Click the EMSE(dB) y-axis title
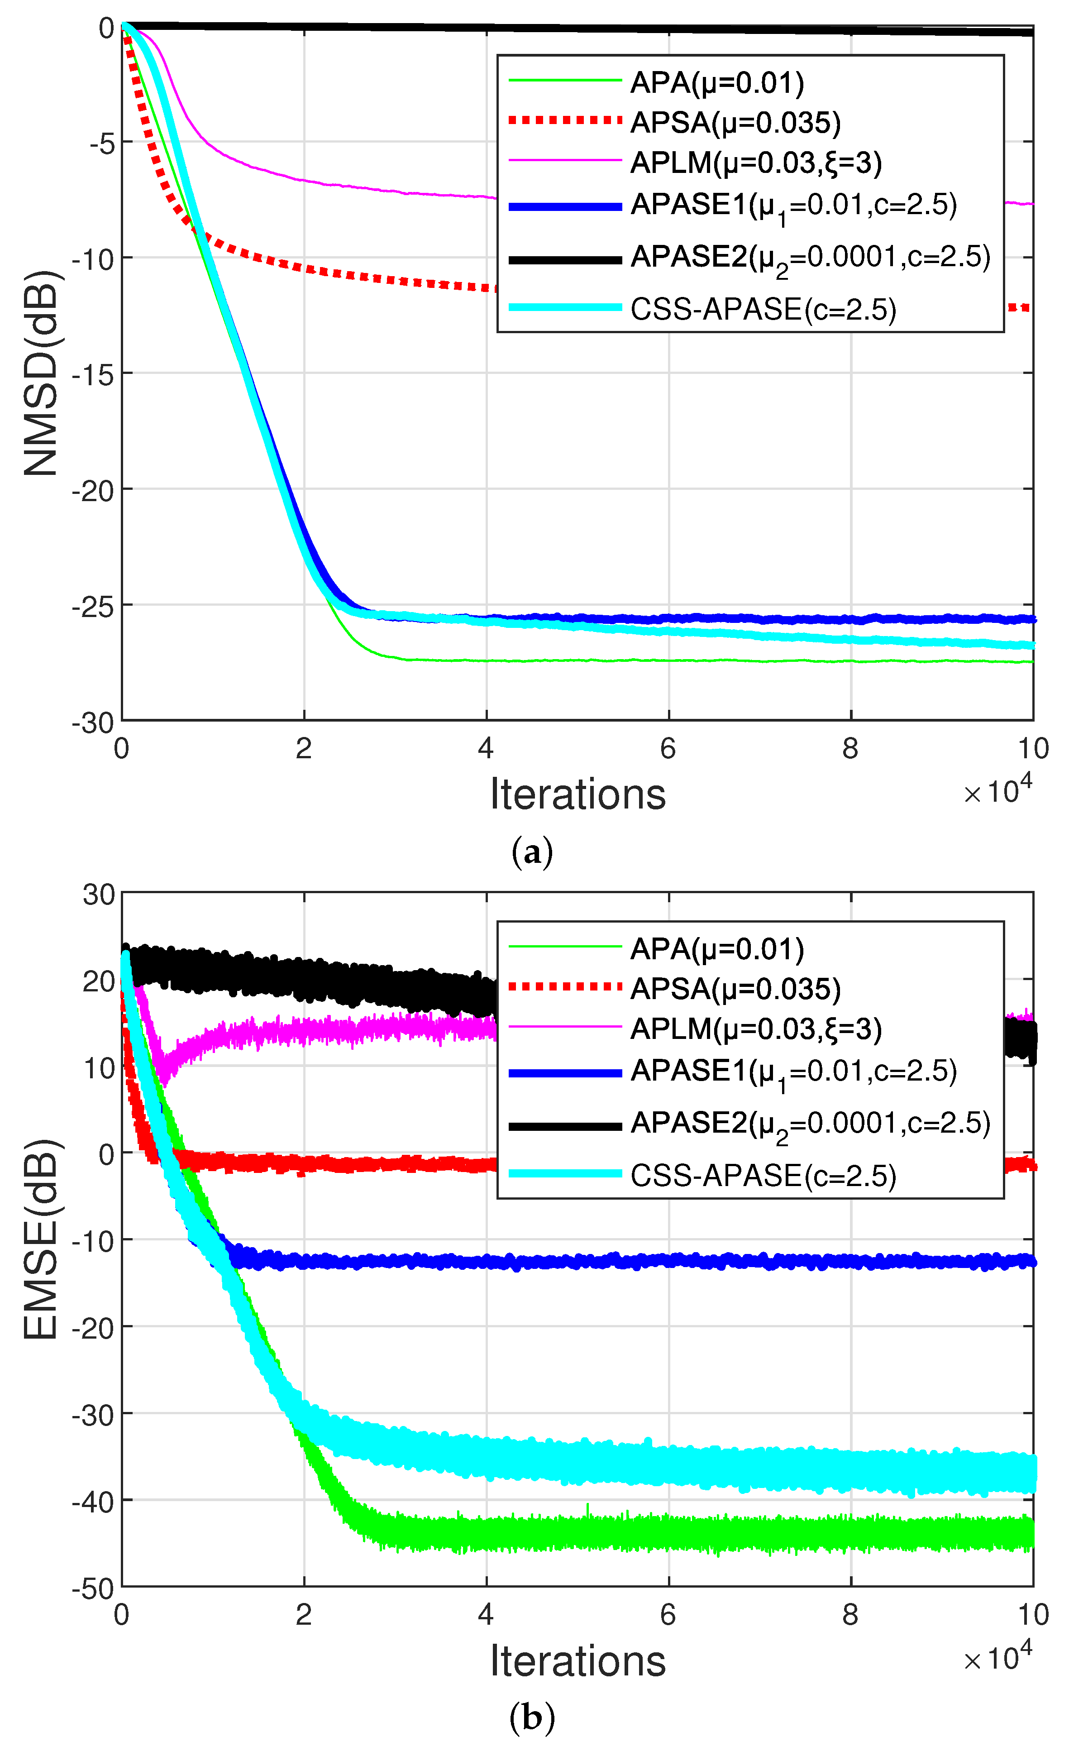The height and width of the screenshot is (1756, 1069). tap(41, 1239)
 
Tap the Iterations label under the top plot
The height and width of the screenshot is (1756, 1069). tap(577, 794)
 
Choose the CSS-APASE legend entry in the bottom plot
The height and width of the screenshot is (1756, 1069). tap(763, 1175)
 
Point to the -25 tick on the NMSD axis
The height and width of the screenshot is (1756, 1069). tap(93, 607)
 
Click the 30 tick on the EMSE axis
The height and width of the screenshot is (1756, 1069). tap(98, 895)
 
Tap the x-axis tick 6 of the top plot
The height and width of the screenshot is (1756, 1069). tap(668, 748)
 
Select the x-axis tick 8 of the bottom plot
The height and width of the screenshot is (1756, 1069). tap(849, 1615)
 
